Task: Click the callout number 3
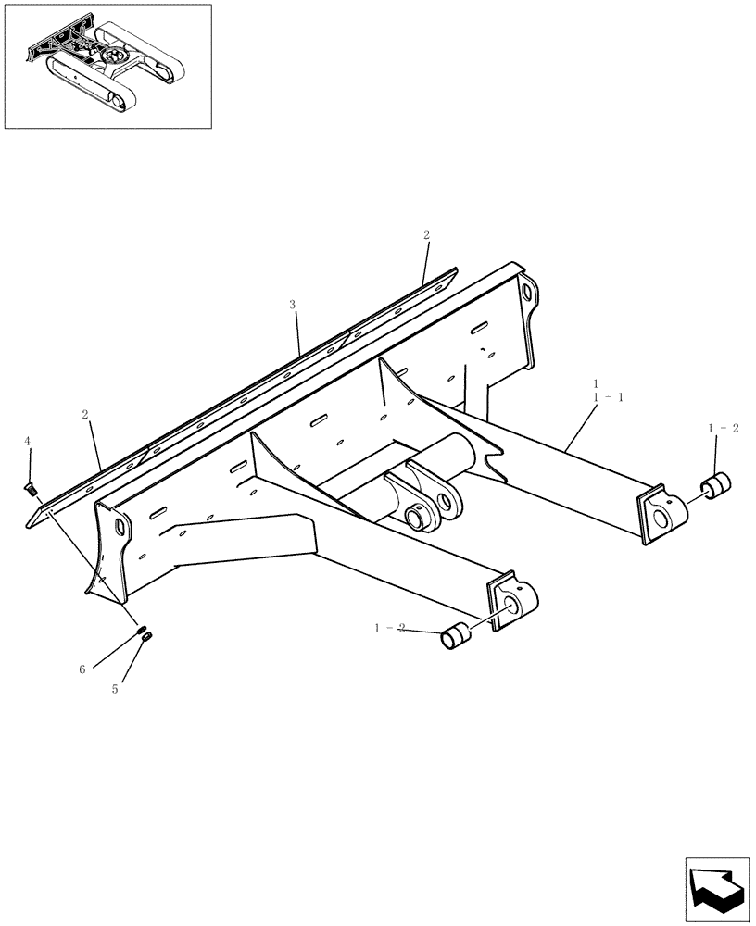(293, 304)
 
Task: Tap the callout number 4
(28, 442)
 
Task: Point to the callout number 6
(82, 669)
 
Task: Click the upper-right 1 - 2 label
(723, 428)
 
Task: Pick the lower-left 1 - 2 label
(390, 628)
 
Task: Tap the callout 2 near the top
(426, 236)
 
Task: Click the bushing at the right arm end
(715, 485)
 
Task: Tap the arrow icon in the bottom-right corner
(716, 890)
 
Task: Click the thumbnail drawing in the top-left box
(107, 66)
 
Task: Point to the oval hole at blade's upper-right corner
(527, 294)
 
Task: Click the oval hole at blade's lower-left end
(120, 527)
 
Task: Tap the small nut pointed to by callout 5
(149, 635)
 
